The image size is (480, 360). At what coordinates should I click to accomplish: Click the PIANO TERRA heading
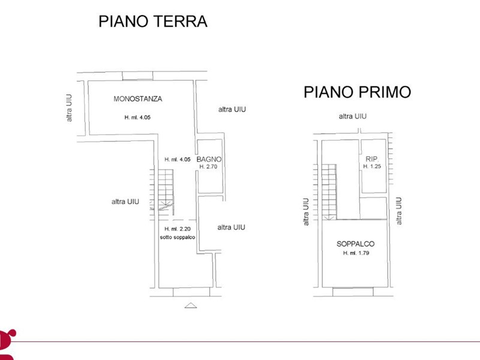pos(153,22)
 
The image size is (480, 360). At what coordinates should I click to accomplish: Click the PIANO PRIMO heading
pos(357,92)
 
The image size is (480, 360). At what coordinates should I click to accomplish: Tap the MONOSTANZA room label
pos(138,99)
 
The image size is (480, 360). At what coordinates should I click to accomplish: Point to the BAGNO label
pos(209,159)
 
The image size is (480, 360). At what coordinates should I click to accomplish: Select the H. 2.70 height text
pos(208,167)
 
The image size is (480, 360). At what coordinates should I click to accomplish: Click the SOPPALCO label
pos(355,244)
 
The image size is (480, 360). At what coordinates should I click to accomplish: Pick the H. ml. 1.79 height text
pos(356,253)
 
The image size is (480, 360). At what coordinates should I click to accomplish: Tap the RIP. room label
pos(372,159)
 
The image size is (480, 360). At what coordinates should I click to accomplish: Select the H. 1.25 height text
pos(372,166)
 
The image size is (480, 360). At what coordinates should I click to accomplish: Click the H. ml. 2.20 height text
pos(178,229)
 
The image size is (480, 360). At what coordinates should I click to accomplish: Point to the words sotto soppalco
pos(178,237)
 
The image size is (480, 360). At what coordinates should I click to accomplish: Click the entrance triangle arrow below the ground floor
pos(190,305)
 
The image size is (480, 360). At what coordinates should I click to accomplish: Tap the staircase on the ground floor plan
pos(161,192)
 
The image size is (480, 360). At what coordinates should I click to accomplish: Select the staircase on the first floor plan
pos(325,192)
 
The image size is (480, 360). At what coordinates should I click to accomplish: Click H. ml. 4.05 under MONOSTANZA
pos(137,117)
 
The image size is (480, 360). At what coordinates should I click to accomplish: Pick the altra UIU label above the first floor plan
pos(353,116)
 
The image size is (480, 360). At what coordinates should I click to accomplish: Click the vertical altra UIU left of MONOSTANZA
pos(69,108)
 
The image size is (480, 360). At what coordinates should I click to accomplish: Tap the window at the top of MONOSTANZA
pos(137,76)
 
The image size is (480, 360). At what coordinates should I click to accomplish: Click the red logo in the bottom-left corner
pos(7,344)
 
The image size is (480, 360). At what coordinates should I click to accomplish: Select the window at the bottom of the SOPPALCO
pos(353,292)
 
